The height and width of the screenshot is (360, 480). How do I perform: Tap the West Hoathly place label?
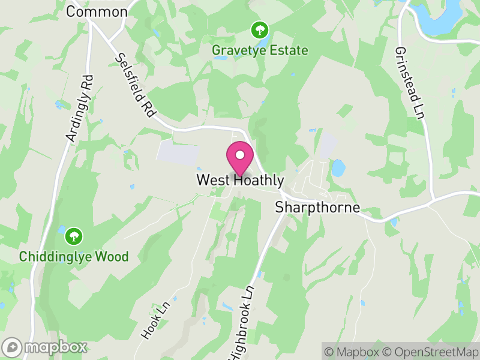click(240, 180)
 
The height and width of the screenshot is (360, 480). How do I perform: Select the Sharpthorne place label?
click(317, 208)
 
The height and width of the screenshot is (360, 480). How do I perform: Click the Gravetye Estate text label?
click(260, 50)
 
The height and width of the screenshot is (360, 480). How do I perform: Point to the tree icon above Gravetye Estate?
click(260, 29)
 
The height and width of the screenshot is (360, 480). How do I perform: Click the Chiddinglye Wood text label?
click(74, 257)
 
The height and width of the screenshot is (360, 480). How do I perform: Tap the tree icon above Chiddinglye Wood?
click(74, 236)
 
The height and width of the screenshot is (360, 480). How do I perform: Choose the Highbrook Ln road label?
click(242, 321)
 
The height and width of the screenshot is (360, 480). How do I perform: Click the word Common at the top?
click(97, 11)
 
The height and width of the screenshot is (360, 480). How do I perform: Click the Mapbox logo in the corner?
click(45, 347)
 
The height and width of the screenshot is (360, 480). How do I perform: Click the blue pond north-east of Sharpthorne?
click(338, 167)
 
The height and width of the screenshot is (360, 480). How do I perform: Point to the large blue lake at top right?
click(441, 18)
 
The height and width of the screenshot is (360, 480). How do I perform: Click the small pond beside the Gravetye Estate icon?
click(262, 43)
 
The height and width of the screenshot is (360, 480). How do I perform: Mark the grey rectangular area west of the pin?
click(178, 153)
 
